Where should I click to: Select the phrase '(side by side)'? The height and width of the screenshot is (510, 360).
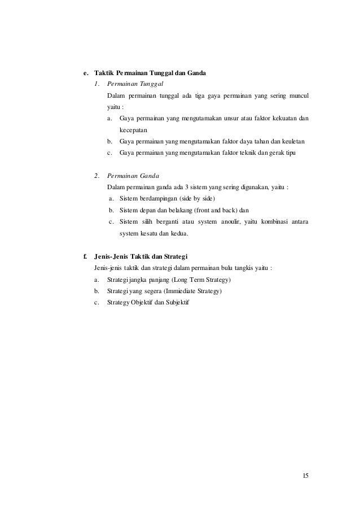(x=197, y=199)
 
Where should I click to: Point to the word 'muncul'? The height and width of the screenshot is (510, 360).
(x=297, y=95)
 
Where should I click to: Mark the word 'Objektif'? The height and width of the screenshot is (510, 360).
(x=141, y=303)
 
